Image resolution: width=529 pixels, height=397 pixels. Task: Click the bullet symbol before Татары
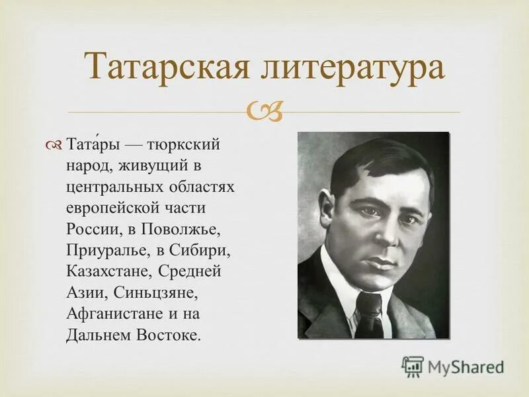56,145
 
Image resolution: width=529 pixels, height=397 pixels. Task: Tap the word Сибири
199,251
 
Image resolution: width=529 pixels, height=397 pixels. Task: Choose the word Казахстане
106,271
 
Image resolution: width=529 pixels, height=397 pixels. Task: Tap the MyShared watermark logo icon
413,366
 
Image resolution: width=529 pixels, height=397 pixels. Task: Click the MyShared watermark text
466,366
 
